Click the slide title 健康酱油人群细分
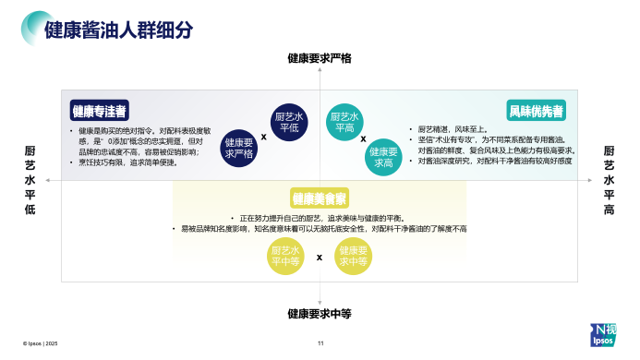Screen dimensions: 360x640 point(119,29)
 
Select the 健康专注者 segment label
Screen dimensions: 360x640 point(100,111)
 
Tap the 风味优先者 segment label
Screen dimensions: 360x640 point(537,111)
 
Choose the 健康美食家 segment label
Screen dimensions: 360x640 point(320,198)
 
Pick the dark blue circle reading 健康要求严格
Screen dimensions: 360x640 point(240,148)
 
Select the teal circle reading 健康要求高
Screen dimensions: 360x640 point(383,156)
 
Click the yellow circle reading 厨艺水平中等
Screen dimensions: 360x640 point(285,257)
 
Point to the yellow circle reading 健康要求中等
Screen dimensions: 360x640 point(352,257)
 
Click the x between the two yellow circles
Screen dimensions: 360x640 point(320,258)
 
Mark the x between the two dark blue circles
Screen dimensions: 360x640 point(264,136)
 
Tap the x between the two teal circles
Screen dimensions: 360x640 point(363,139)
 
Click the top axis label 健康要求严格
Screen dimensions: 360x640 point(320,58)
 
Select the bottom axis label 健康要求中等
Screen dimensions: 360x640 point(320,314)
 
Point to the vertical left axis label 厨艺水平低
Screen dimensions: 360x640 point(30,180)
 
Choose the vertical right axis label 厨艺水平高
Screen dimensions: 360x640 point(609,180)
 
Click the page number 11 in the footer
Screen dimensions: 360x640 point(320,343)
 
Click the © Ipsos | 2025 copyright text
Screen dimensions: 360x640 point(33,343)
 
